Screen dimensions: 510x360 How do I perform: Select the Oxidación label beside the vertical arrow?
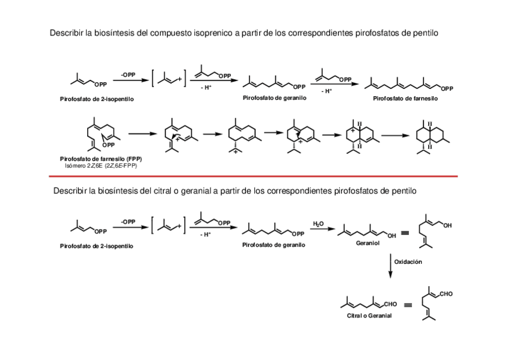(x=409, y=262)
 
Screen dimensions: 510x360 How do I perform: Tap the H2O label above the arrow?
(x=318, y=224)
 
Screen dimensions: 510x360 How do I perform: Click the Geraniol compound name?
(x=367, y=245)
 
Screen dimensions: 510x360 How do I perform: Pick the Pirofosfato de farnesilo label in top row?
(x=405, y=98)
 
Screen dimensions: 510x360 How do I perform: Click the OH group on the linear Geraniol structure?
(x=392, y=236)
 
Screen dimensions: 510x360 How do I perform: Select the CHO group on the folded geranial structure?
(x=446, y=294)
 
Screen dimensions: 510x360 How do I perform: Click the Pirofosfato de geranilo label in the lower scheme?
(x=274, y=245)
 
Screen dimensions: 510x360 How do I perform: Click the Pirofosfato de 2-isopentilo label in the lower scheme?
(x=97, y=246)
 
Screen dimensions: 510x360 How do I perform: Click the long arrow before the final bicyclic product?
(x=395, y=135)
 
